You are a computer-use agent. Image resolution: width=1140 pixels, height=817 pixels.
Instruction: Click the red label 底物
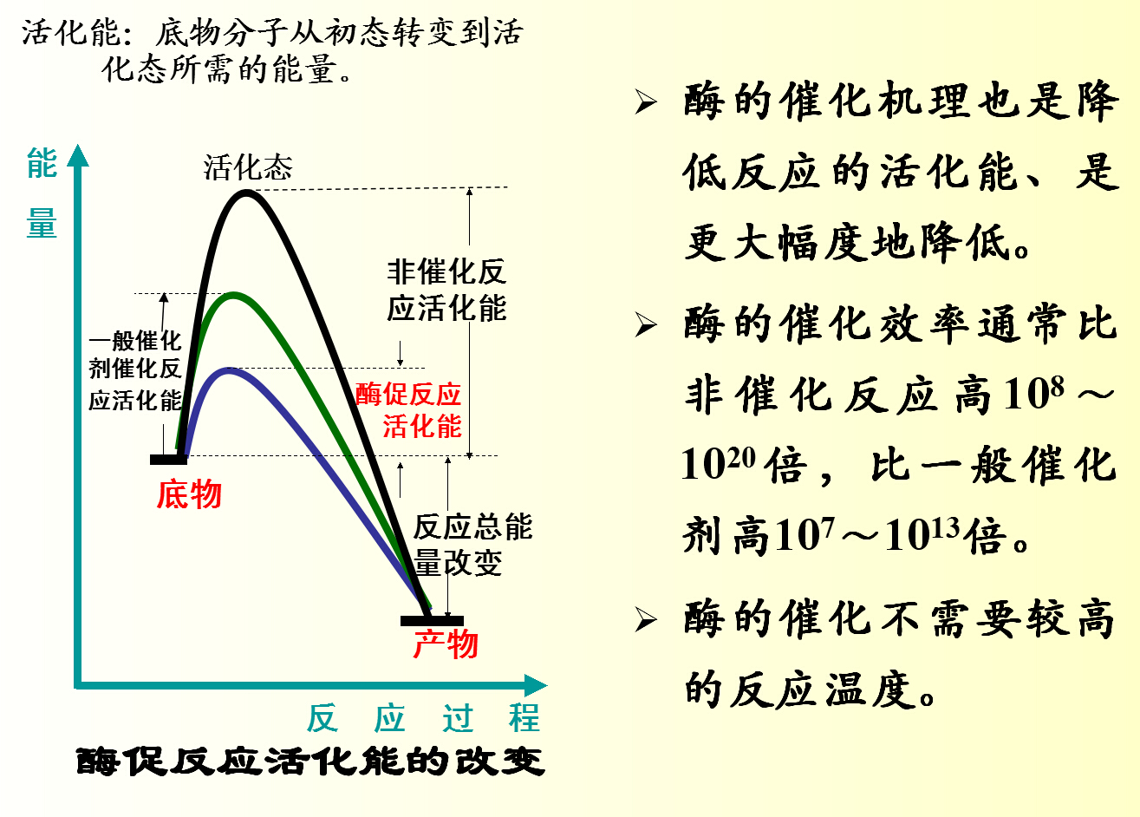189,494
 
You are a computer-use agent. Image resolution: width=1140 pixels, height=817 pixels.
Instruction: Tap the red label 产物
446,644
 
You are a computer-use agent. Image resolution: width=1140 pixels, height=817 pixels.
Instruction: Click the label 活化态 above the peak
248,167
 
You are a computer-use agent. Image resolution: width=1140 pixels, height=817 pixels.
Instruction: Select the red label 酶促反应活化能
410,410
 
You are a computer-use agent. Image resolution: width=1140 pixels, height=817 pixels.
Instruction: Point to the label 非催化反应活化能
446,291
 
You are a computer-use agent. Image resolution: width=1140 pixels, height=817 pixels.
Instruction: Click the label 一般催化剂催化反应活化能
135,370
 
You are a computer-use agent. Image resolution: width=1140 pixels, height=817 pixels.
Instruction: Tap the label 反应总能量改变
472,545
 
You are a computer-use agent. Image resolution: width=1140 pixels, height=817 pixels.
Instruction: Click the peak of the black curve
247,193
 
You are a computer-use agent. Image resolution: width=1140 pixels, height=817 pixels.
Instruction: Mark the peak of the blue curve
228,371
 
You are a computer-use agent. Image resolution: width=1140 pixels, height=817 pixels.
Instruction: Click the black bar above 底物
168,459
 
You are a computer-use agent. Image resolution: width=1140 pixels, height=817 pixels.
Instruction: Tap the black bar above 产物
432,621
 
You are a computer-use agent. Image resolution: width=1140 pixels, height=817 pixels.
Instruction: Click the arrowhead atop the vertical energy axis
79,154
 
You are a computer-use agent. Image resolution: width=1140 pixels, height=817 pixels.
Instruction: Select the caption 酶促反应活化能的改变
310,761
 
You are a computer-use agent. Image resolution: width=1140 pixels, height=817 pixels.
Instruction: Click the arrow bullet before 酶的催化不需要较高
646,620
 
